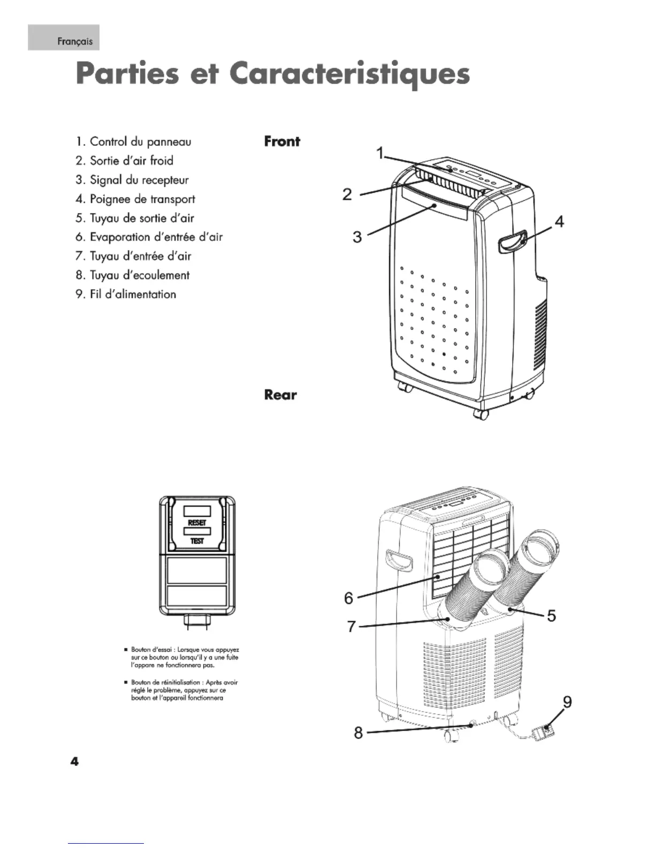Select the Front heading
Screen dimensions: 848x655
coord(282,141)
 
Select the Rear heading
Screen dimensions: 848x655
coord(280,395)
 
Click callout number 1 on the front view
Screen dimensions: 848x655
coord(380,154)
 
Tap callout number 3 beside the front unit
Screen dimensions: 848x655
coord(357,237)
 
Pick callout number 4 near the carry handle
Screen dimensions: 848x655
coord(559,221)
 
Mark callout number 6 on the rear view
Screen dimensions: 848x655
coord(348,597)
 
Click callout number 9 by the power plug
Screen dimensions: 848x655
coord(567,701)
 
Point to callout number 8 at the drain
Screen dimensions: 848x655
coord(359,732)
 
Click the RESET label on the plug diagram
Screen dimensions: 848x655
coord(197,523)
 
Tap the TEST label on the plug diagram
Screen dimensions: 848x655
coord(197,541)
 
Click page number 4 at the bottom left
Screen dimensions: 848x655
coord(74,761)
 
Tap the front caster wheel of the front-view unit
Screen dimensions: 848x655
coord(482,414)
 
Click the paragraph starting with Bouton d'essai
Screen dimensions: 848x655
coord(185,657)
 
